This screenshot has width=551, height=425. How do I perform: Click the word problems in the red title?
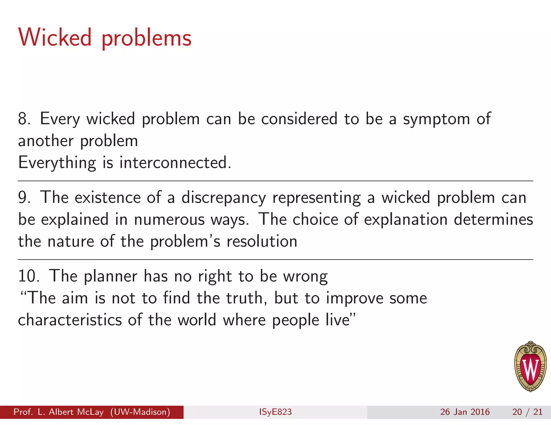[146, 39]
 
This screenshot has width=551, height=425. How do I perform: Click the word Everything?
[57, 163]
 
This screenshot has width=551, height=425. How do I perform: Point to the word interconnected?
[175, 163]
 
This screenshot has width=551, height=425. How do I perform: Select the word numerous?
[169, 220]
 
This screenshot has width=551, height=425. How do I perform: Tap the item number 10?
[28, 276]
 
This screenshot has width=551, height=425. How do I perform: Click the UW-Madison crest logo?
[530, 366]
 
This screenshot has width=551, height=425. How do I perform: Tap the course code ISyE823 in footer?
[275, 412]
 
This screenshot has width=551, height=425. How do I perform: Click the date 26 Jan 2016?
[465, 412]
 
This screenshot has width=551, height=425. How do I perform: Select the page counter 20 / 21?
[527, 412]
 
